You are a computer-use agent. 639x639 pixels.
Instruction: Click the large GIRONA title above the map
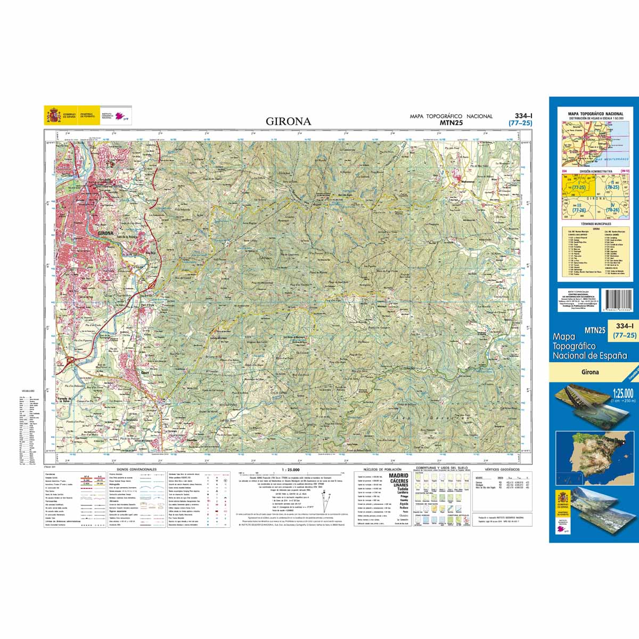coord(288,121)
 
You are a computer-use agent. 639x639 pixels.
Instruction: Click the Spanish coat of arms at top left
coord(53,115)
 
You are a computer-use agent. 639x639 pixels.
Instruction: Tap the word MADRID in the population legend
coord(398,476)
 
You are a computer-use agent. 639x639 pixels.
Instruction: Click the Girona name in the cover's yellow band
coord(590,372)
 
